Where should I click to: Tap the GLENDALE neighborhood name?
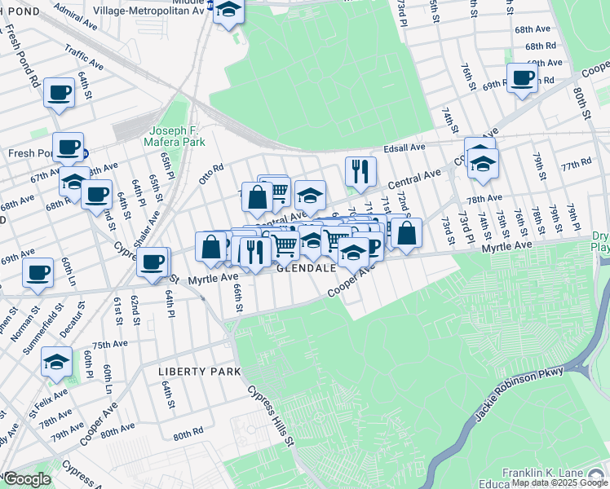[306, 268]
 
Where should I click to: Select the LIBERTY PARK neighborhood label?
[199, 372]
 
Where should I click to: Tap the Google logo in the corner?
[27, 478]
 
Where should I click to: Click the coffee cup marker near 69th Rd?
[521, 78]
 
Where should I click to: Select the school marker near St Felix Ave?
[57, 362]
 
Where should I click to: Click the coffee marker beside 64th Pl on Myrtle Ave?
[152, 262]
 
